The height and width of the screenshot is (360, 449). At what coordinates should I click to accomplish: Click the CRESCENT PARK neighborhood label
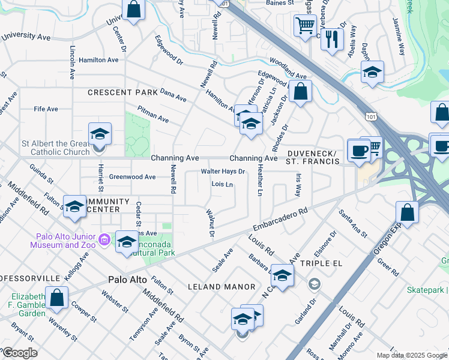point(122,92)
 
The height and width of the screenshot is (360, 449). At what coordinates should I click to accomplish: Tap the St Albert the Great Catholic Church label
point(51,148)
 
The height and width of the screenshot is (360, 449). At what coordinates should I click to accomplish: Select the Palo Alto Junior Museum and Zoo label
point(66,240)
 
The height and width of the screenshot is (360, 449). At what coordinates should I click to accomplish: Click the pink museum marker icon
point(104,240)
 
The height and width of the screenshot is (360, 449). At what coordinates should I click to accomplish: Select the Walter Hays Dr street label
point(223,172)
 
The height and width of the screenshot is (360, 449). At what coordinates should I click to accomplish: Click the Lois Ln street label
point(222,184)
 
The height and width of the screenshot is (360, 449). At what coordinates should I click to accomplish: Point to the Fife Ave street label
point(46,109)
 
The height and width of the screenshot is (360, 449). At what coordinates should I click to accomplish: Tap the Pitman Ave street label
point(153,114)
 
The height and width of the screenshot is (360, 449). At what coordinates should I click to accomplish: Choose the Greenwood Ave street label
point(132,177)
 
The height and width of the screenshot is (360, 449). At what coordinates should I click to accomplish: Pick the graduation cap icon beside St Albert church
point(100,134)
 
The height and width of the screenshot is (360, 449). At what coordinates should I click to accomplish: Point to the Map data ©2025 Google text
point(412,355)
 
